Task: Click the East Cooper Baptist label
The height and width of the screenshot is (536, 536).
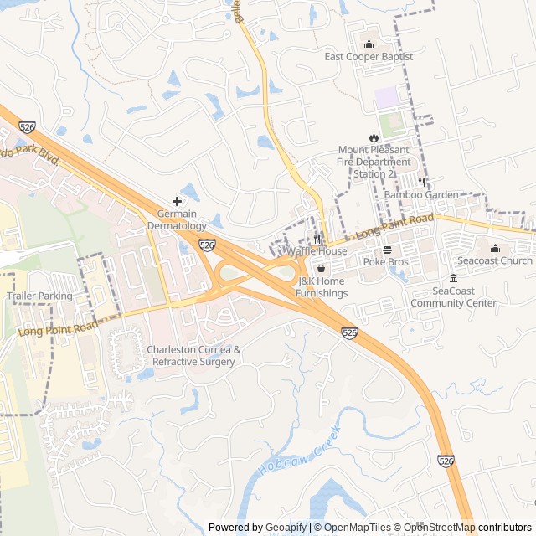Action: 368,57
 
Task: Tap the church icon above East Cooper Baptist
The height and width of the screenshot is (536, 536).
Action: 368,44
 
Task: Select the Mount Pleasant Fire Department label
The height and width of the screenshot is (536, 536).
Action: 374,162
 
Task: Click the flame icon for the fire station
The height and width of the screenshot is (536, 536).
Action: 374,137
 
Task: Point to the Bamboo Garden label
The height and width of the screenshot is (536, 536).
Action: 421,195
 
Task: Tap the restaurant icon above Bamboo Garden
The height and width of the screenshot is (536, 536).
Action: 421,182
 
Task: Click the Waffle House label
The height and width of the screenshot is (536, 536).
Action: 317,251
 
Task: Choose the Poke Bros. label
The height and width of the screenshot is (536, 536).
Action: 386,262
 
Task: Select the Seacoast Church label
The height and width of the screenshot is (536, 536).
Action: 495,260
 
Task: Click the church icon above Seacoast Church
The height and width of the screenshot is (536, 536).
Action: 495,248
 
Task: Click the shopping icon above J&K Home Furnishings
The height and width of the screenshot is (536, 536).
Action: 321,269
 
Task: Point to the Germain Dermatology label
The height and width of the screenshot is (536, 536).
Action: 177,220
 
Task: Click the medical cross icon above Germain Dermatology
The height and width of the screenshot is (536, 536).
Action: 177,201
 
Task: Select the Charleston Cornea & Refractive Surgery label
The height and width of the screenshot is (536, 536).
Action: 193,355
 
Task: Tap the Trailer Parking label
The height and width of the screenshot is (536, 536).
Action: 39,296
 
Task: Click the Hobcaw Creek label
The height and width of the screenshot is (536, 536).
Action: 299,453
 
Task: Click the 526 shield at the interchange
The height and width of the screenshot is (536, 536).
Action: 208,245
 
